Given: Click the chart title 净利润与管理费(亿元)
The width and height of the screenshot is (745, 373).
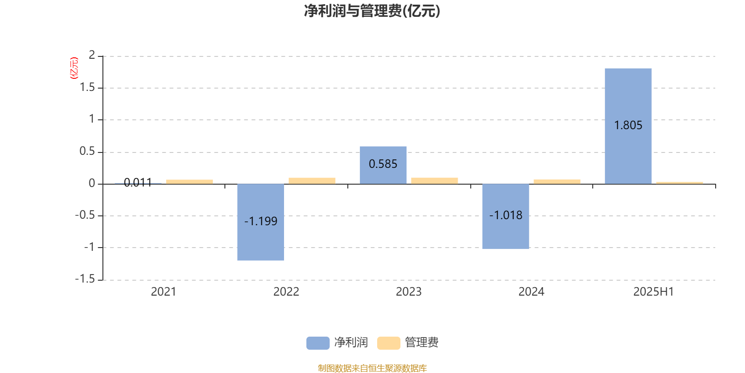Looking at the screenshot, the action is [372, 11].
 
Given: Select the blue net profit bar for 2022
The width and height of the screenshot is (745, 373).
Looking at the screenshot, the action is [261, 222].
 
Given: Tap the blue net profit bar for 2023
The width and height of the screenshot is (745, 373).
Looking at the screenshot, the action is [383, 165].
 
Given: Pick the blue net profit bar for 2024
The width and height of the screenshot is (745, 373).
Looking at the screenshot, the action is [506, 216].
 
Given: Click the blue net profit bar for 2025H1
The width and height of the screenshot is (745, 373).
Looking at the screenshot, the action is [628, 126].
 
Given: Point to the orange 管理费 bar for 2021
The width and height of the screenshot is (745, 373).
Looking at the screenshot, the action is [190, 182].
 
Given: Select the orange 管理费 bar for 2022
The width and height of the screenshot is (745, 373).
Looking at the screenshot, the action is [312, 181].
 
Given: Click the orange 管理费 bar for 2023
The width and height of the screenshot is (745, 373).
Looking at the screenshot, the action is [434, 181].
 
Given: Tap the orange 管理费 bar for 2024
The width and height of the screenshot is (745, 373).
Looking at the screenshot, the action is [557, 181].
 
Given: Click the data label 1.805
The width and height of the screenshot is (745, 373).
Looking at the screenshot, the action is [628, 125].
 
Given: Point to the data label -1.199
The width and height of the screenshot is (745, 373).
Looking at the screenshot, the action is [261, 221].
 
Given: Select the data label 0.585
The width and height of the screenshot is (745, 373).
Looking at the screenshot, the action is [383, 164].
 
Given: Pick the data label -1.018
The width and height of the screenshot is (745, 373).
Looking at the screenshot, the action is [506, 215].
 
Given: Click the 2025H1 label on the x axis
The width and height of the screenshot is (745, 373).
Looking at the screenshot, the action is [654, 292].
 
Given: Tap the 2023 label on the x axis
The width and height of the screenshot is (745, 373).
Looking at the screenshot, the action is [409, 292].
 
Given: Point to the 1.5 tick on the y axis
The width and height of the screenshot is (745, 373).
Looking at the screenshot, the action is [87, 87].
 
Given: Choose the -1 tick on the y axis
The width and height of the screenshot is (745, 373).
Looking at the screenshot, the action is [89, 247].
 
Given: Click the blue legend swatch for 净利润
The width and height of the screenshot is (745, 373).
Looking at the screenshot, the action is [318, 343].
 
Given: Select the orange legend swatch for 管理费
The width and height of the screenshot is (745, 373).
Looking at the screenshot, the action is [389, 343].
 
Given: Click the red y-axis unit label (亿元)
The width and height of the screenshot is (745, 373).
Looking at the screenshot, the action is [74, 68].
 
